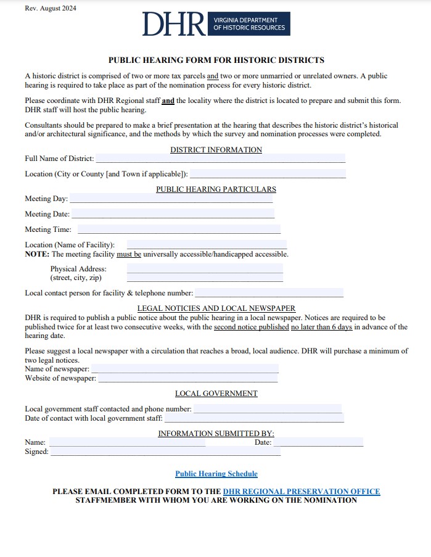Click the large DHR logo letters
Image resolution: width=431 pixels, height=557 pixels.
coord(174,23)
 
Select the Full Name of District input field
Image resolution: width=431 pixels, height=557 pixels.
coord(220,159)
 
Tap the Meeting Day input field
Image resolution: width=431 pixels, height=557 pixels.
coord(171,199)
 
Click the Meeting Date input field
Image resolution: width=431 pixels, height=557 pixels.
coord(173,214)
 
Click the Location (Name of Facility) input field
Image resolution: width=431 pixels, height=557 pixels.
coord(207,245)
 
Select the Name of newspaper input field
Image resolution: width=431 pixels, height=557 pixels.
coord(184,369)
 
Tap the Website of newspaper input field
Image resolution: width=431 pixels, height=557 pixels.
coord(187,378)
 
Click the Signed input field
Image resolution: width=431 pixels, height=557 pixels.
coord(165,452)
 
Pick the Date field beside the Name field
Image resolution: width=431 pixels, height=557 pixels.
coord(318,442)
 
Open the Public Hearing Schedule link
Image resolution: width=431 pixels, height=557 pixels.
coord(216,474)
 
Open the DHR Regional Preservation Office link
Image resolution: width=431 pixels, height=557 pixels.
coord(302,492)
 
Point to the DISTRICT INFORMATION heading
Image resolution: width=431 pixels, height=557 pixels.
coord(216,150)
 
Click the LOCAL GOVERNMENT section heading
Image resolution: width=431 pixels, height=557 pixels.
coord(216,394)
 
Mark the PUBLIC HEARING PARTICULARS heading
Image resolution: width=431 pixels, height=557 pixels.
coord(216,189)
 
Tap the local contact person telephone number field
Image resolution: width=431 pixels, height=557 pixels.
coord(269,293)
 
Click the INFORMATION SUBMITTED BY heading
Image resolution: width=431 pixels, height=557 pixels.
coord(216,434)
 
